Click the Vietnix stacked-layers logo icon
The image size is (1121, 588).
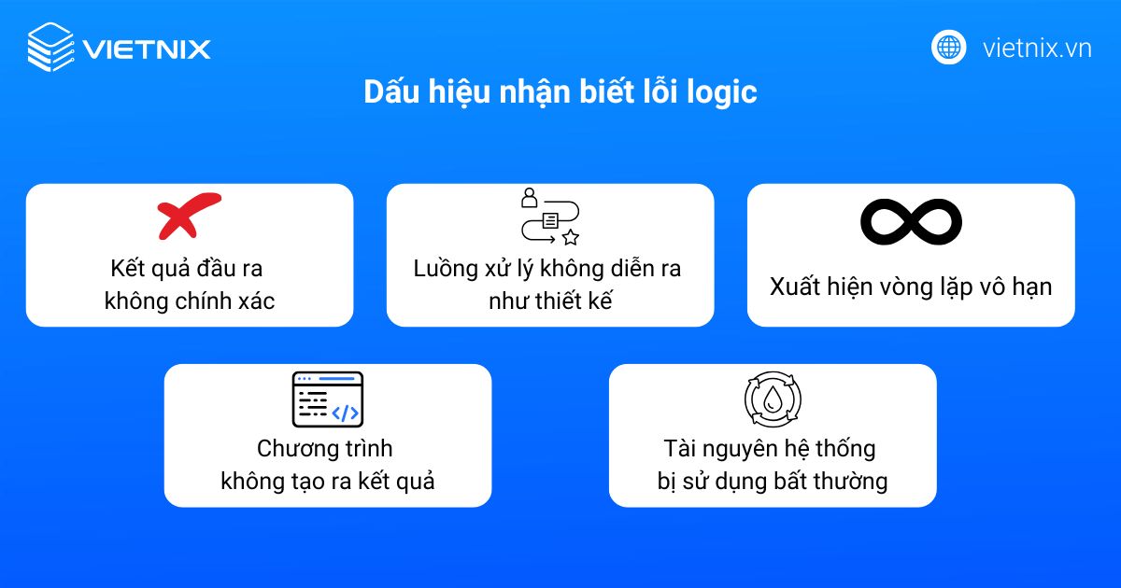[x=50, y=48]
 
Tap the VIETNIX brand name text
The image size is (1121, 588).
[x=147, y=49]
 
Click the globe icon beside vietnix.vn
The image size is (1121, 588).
[x=948, y=48]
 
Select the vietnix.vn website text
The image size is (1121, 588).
[x=1037, y=49]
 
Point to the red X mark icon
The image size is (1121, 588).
[x=189, y=216]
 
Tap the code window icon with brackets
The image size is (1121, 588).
[x=327, y=399]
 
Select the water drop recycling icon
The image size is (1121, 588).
[x=773, y=400]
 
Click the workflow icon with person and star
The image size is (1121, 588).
[x=549, y=217]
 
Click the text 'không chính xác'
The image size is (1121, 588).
[x=190, y=301]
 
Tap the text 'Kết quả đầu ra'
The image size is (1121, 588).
[x=190, y=269]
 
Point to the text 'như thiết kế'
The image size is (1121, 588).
[x=549, y=301]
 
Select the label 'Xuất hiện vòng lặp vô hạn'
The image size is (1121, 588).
[x=911, y=286]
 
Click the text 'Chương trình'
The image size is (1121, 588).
[x=327, y=449]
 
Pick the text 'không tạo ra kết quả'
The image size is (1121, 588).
[x=327, y=482]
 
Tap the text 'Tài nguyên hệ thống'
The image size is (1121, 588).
[x=772, y=449]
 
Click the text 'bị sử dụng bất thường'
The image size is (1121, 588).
[x=772, y=482]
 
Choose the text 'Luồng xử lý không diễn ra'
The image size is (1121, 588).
[x=549, y=269]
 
